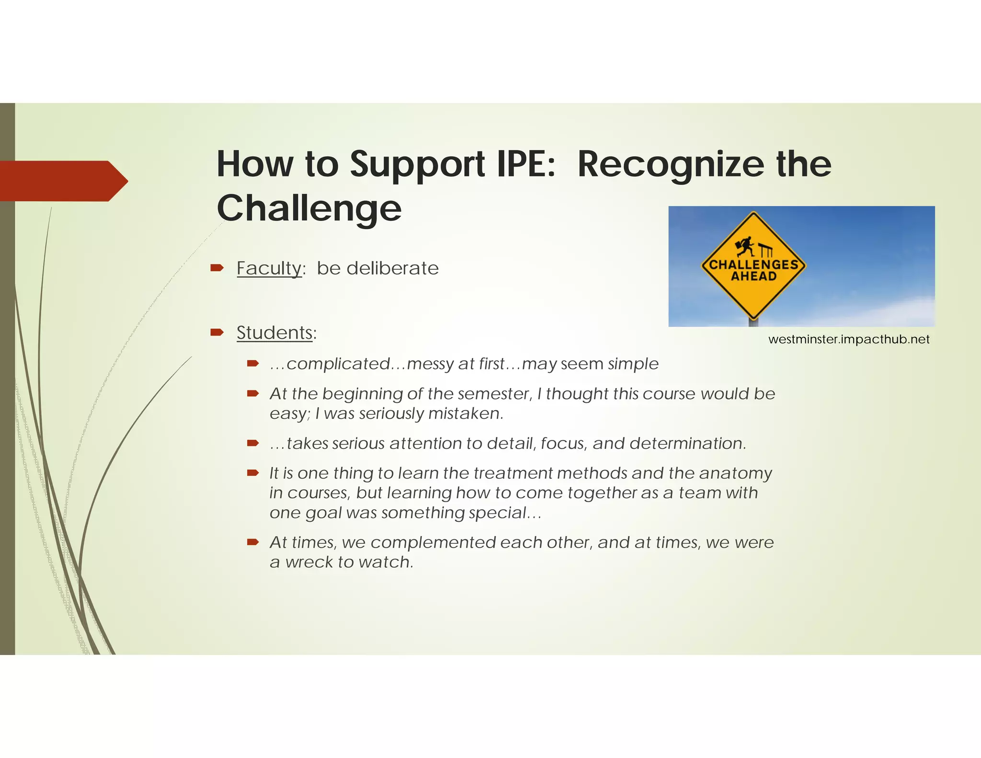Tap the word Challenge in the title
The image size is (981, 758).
click(x=309, y=208)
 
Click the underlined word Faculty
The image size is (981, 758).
click(x=269, y=268)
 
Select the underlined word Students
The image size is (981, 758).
click(x=274, y=333)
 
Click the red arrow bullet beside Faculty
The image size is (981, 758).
click(x=217, y=267)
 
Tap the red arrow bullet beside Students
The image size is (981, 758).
click(x=217, y=332)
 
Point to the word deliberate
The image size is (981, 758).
click(x=393, y=268)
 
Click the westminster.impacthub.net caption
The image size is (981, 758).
click(x=848, y=339)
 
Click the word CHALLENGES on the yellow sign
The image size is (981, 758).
click(x=753, y=264)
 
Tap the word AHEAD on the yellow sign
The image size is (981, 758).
click(x=753, y=276)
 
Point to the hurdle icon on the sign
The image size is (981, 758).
click(x=765, y=249)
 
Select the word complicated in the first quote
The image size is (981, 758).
click(x=338, y=364)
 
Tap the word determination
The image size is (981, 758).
click(x=688, y=443)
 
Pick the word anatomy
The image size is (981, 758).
click(x=735, y=473)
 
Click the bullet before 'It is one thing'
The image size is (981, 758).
click(x=253, y=473)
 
